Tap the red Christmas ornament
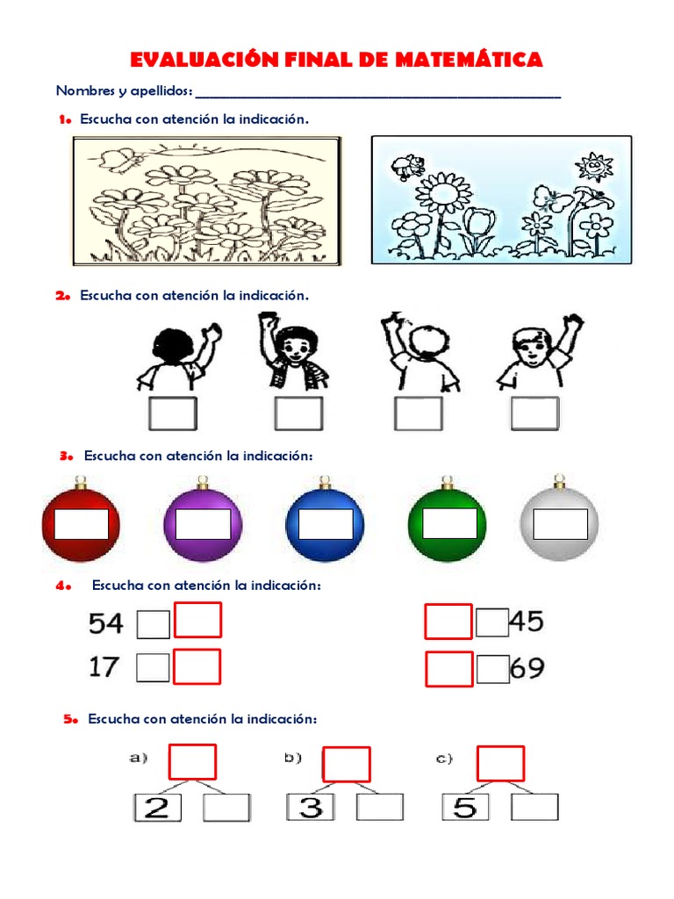81,523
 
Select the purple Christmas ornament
203,523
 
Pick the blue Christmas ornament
325,523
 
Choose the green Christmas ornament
447,523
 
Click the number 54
106,623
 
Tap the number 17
104,667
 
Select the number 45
526,622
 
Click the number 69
526,669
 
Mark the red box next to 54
197,620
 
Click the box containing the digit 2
156,807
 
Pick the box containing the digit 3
310,807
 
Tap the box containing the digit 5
464,807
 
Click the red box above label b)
347,764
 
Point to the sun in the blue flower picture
594,165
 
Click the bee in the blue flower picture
407,164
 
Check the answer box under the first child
172,414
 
